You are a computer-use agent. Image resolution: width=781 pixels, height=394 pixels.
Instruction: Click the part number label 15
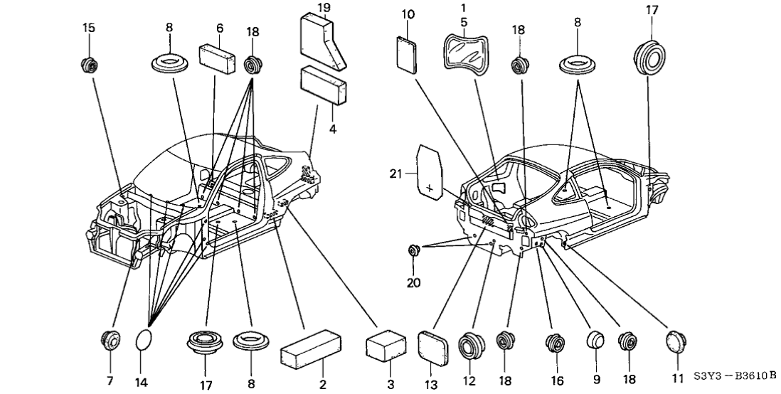click(89, 28)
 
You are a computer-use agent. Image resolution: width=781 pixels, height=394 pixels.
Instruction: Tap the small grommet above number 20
click(413, 250)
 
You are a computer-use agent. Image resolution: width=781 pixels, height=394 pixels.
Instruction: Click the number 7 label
click(110, 380)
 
